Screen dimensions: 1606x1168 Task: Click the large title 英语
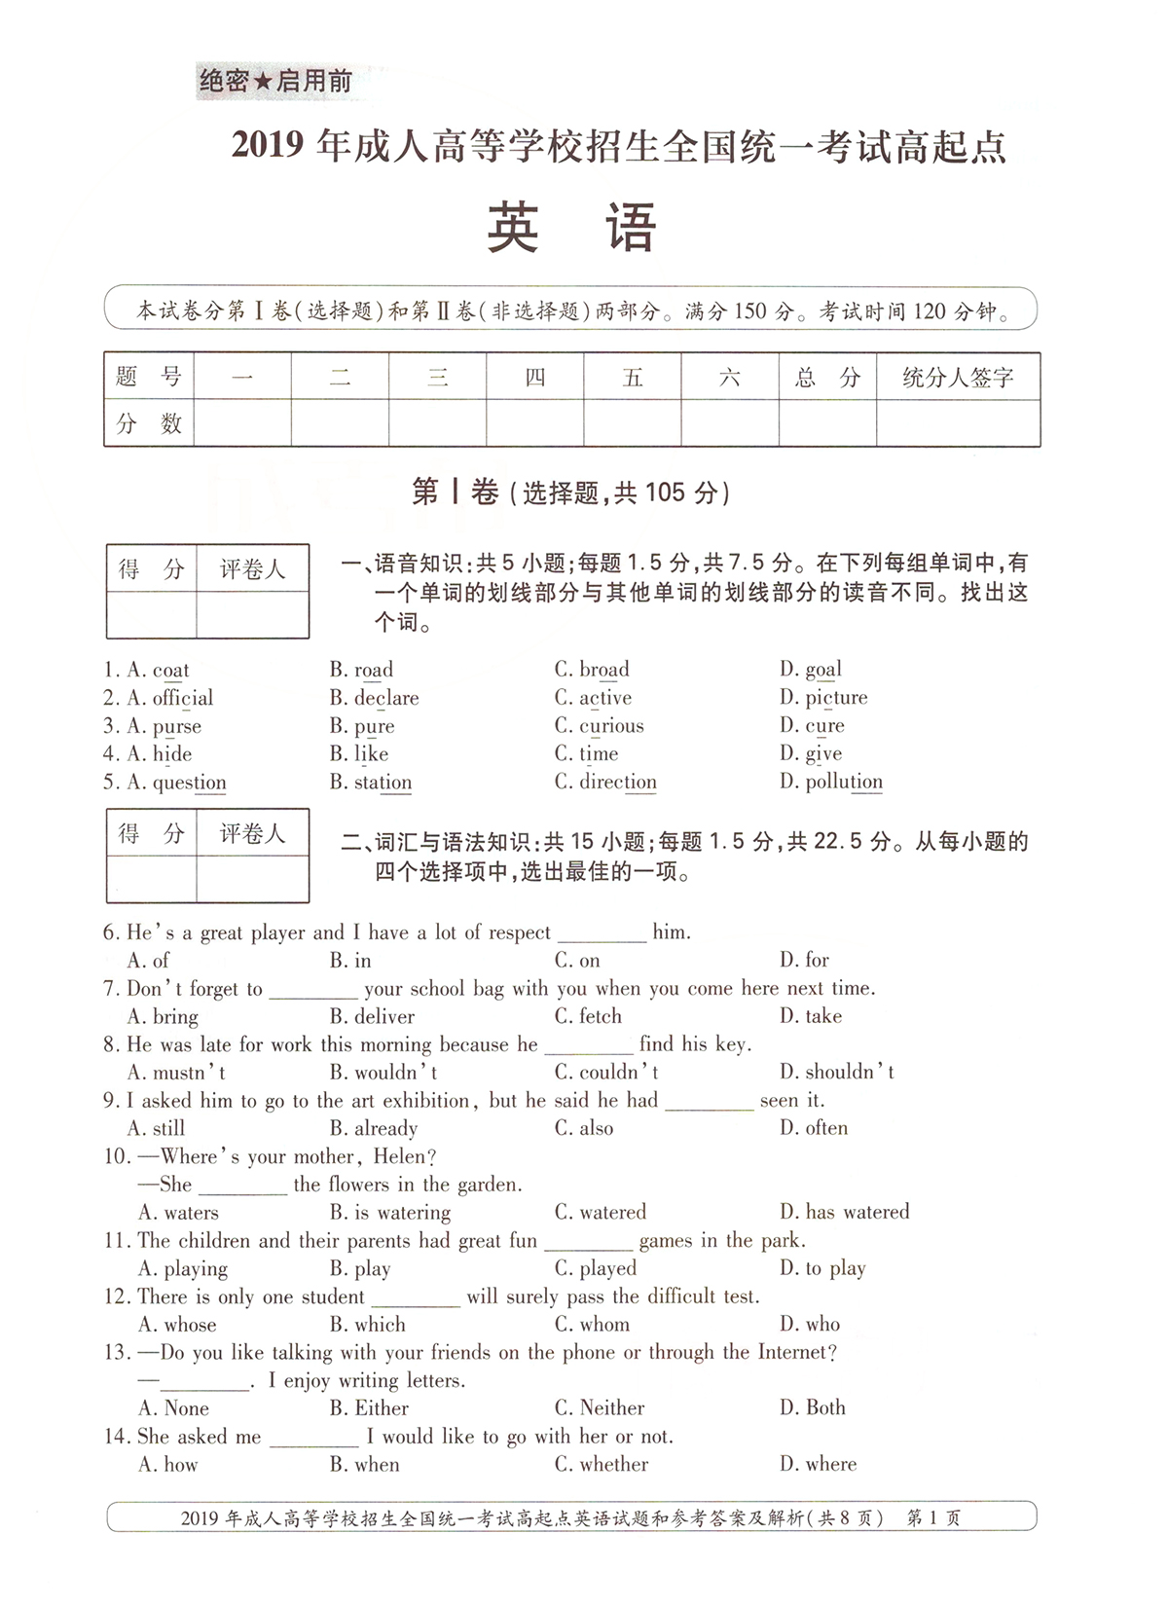click(572, 229)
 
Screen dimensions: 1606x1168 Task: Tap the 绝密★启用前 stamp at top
click(275, 82)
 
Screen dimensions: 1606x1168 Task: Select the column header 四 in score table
click(535, 378)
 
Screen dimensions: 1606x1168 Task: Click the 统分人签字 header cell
click(958, 378)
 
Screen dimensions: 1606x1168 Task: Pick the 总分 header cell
click(827, 378)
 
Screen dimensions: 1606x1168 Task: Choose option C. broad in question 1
click(592, 670)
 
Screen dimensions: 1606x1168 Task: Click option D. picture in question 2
click(823, 698)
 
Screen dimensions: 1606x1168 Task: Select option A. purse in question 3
click(164, 726)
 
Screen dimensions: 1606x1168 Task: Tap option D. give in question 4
click(811, 754)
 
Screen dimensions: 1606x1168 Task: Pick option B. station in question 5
click(371, 783)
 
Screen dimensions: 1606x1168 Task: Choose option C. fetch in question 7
click(588, 1016)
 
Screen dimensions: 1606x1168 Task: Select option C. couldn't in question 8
click(606, 1073)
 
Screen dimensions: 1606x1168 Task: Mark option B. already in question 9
click(374, 1129)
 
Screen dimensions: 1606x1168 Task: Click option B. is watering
click(390, 1213)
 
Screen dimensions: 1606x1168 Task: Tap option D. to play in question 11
click(822, 1269)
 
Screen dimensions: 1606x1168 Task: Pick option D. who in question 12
click(810, 1325)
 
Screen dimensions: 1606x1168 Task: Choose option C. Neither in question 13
click(600, 1408)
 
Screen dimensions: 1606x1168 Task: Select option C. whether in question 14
click(602, 1465)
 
